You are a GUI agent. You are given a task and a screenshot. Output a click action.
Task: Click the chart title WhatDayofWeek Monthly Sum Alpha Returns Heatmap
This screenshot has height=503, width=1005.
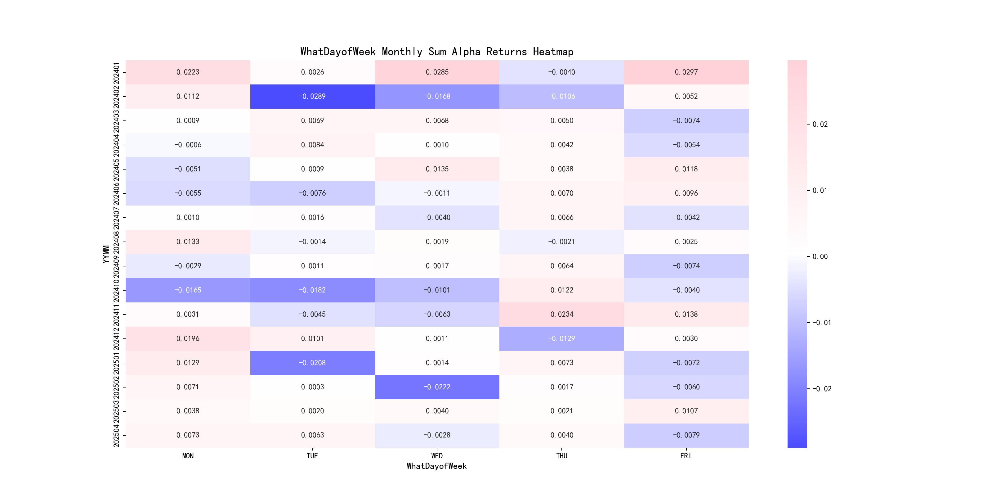click(x=436, y=52)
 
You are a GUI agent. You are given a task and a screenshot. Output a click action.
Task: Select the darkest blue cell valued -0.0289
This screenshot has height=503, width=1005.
click(x=312, y=96)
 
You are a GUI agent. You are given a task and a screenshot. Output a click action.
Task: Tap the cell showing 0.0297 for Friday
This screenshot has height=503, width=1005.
click(x=686, y=72)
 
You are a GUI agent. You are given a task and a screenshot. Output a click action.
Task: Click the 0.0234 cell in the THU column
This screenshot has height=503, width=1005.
click(x=561, y=314)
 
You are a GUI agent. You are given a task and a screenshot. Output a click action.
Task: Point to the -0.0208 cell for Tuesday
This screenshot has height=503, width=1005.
click(x=312, y=362)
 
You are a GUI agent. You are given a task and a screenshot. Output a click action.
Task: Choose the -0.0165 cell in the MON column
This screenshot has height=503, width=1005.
click(x=188, y=290)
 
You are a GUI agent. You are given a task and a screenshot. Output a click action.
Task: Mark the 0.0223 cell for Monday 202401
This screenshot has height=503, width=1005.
click(x=188, y=72)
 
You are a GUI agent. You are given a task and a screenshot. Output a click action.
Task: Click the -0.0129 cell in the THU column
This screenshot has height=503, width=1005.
click(x=561, y=338)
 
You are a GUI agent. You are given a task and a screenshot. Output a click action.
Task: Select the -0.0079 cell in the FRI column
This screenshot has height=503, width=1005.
click(x=686, y=435)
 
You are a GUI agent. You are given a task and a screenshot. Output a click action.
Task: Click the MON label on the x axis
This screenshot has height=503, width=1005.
click(x=188, y=456)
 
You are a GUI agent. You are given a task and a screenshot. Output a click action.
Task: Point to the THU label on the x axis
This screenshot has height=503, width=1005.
click(x=561, y=456)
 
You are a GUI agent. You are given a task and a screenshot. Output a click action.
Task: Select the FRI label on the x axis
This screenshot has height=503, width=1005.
click(x=686, y=456)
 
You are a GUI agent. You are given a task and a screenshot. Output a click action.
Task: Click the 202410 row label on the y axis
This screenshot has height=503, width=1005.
click(x=116, y=290)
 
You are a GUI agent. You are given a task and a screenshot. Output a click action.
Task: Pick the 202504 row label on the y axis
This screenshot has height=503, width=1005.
click(x=116, y=435)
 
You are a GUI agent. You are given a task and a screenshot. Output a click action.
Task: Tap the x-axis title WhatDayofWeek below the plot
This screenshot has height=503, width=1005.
click(x=436, y=466)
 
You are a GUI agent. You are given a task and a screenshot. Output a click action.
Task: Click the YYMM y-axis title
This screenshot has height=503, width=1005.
click(x=106, y=254)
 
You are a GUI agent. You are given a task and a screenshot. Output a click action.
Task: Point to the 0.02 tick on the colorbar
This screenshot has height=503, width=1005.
click(x=820, y=124)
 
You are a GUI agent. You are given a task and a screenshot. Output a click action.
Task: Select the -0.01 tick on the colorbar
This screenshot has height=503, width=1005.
click(x=821, y=323)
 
